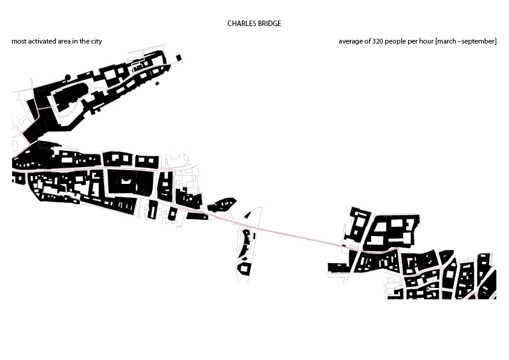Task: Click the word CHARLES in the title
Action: tap(240, 24)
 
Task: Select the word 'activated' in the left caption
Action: tap(41, 41)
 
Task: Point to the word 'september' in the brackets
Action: tap(481, 41)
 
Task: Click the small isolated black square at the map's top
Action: tap(178, 57)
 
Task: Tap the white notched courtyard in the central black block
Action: tap(126, 182)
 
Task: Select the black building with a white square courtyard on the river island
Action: tap(244, 267)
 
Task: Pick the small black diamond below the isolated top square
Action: tap(157, 82)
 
